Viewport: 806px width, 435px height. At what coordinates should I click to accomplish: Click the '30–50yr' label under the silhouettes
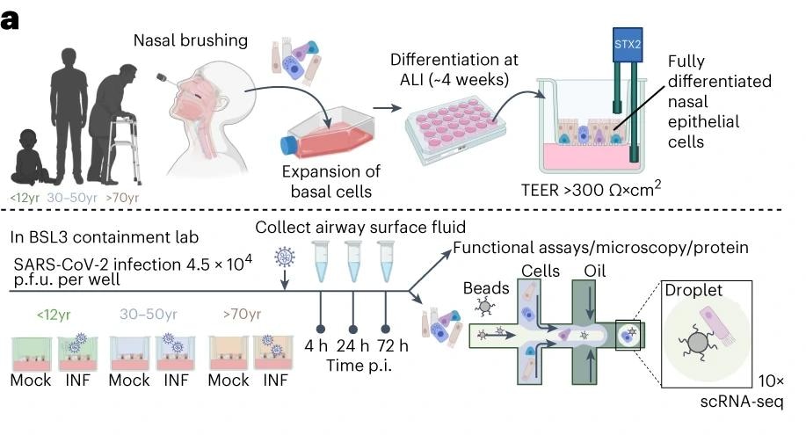(60, 199)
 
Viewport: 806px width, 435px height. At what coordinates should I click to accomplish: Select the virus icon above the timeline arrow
(285, 258)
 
